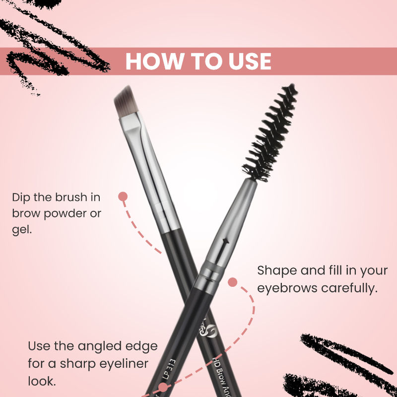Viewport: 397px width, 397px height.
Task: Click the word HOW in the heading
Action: tap(148, 61)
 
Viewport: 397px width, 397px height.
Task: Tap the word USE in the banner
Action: tap(247, 61)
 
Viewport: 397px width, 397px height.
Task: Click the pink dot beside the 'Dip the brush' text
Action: tap(123, 197)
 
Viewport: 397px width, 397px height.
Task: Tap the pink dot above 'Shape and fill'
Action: tap(232, 282)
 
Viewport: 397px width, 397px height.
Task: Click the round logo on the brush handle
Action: tap(210, 330)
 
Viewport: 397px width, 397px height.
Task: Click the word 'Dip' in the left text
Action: tap(21, 198)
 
